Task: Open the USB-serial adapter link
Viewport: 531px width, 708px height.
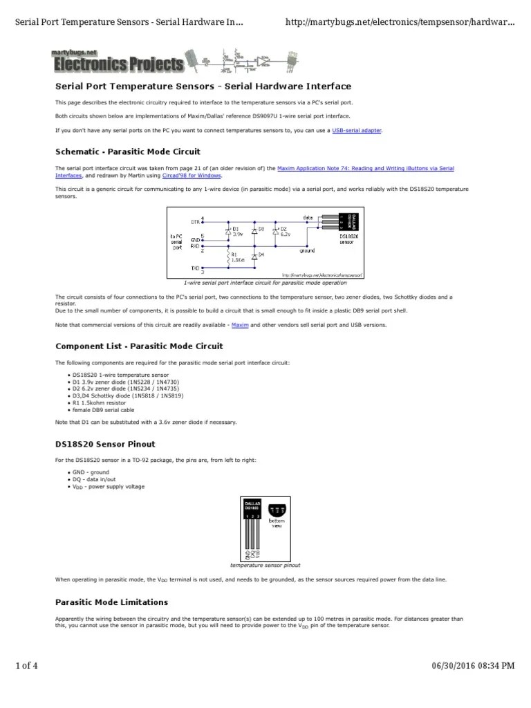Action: pyautogui.click(x=356, y=130)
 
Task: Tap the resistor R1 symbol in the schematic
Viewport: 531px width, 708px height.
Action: pyautogui.click(x=229, y=258)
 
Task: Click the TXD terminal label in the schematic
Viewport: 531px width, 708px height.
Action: pyautogui.click(x=195, y=267)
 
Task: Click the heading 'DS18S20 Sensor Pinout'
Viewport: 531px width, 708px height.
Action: pyautogui.click(x=105, y=443)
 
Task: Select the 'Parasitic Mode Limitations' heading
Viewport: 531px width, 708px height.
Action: pyautogui.click(x=111, y=602)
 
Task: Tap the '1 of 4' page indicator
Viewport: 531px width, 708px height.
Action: pyautogui.click(x=26, y=685)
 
